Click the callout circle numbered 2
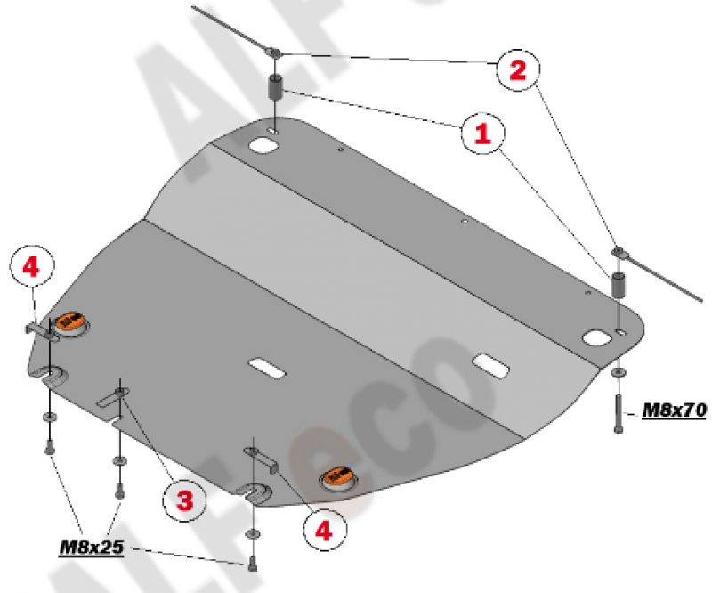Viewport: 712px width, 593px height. (x=518, y=69)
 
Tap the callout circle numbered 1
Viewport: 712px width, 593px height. (x=482, y=134)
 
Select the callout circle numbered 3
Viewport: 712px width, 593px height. (x=184, y=500)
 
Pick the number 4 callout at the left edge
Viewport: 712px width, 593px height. (x=31, y=267)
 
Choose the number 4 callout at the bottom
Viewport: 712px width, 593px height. (x=324, y=530)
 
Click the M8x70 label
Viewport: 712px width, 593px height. (x=675, y=410)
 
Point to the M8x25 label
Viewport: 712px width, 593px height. (x=92, y=547)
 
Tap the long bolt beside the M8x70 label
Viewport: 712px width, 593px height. (x=618, y=414)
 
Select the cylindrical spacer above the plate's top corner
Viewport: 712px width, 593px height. (x=276, y=87)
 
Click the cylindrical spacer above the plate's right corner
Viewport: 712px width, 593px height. (x=618, y=284)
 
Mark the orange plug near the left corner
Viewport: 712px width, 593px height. (x=71, y=323)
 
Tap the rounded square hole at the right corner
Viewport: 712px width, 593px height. (x=597, y=337)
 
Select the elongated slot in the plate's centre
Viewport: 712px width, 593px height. (x=266, y=368)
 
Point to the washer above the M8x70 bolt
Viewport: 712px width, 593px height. (x=618, y=372)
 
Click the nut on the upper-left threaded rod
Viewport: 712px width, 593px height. (x=273, y=53)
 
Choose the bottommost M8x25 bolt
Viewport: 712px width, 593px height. (x=253, y=564)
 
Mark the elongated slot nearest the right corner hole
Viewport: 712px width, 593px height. (x=491, y=365)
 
